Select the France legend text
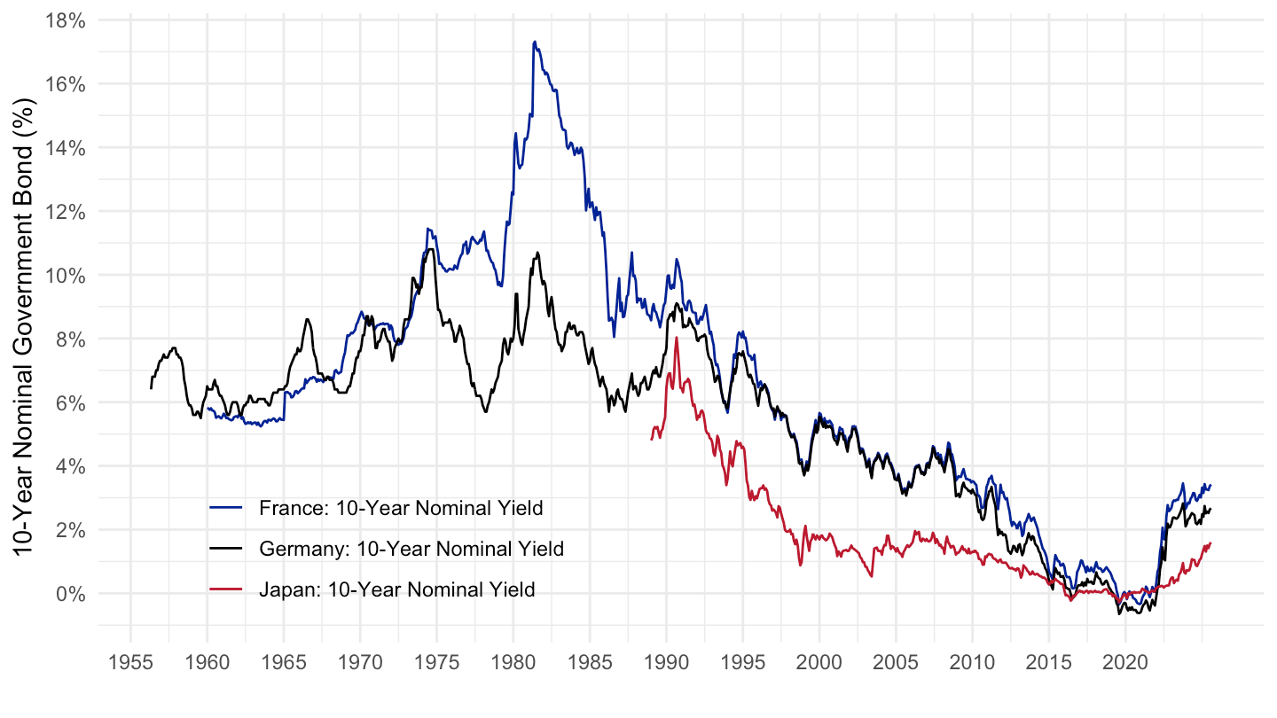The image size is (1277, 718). click(401, 509)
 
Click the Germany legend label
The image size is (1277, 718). click(411, 550)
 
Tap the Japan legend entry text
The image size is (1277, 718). click(397, 590)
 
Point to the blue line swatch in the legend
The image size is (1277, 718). click(226, 509)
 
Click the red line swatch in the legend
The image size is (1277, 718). click(226, 590)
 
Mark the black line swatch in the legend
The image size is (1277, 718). click(226, 550)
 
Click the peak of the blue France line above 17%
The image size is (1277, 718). click(535, 41)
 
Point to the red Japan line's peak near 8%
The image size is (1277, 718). click(676, 338)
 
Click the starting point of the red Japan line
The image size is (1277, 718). click(652, 439)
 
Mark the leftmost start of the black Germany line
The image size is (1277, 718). click(151, 388)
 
